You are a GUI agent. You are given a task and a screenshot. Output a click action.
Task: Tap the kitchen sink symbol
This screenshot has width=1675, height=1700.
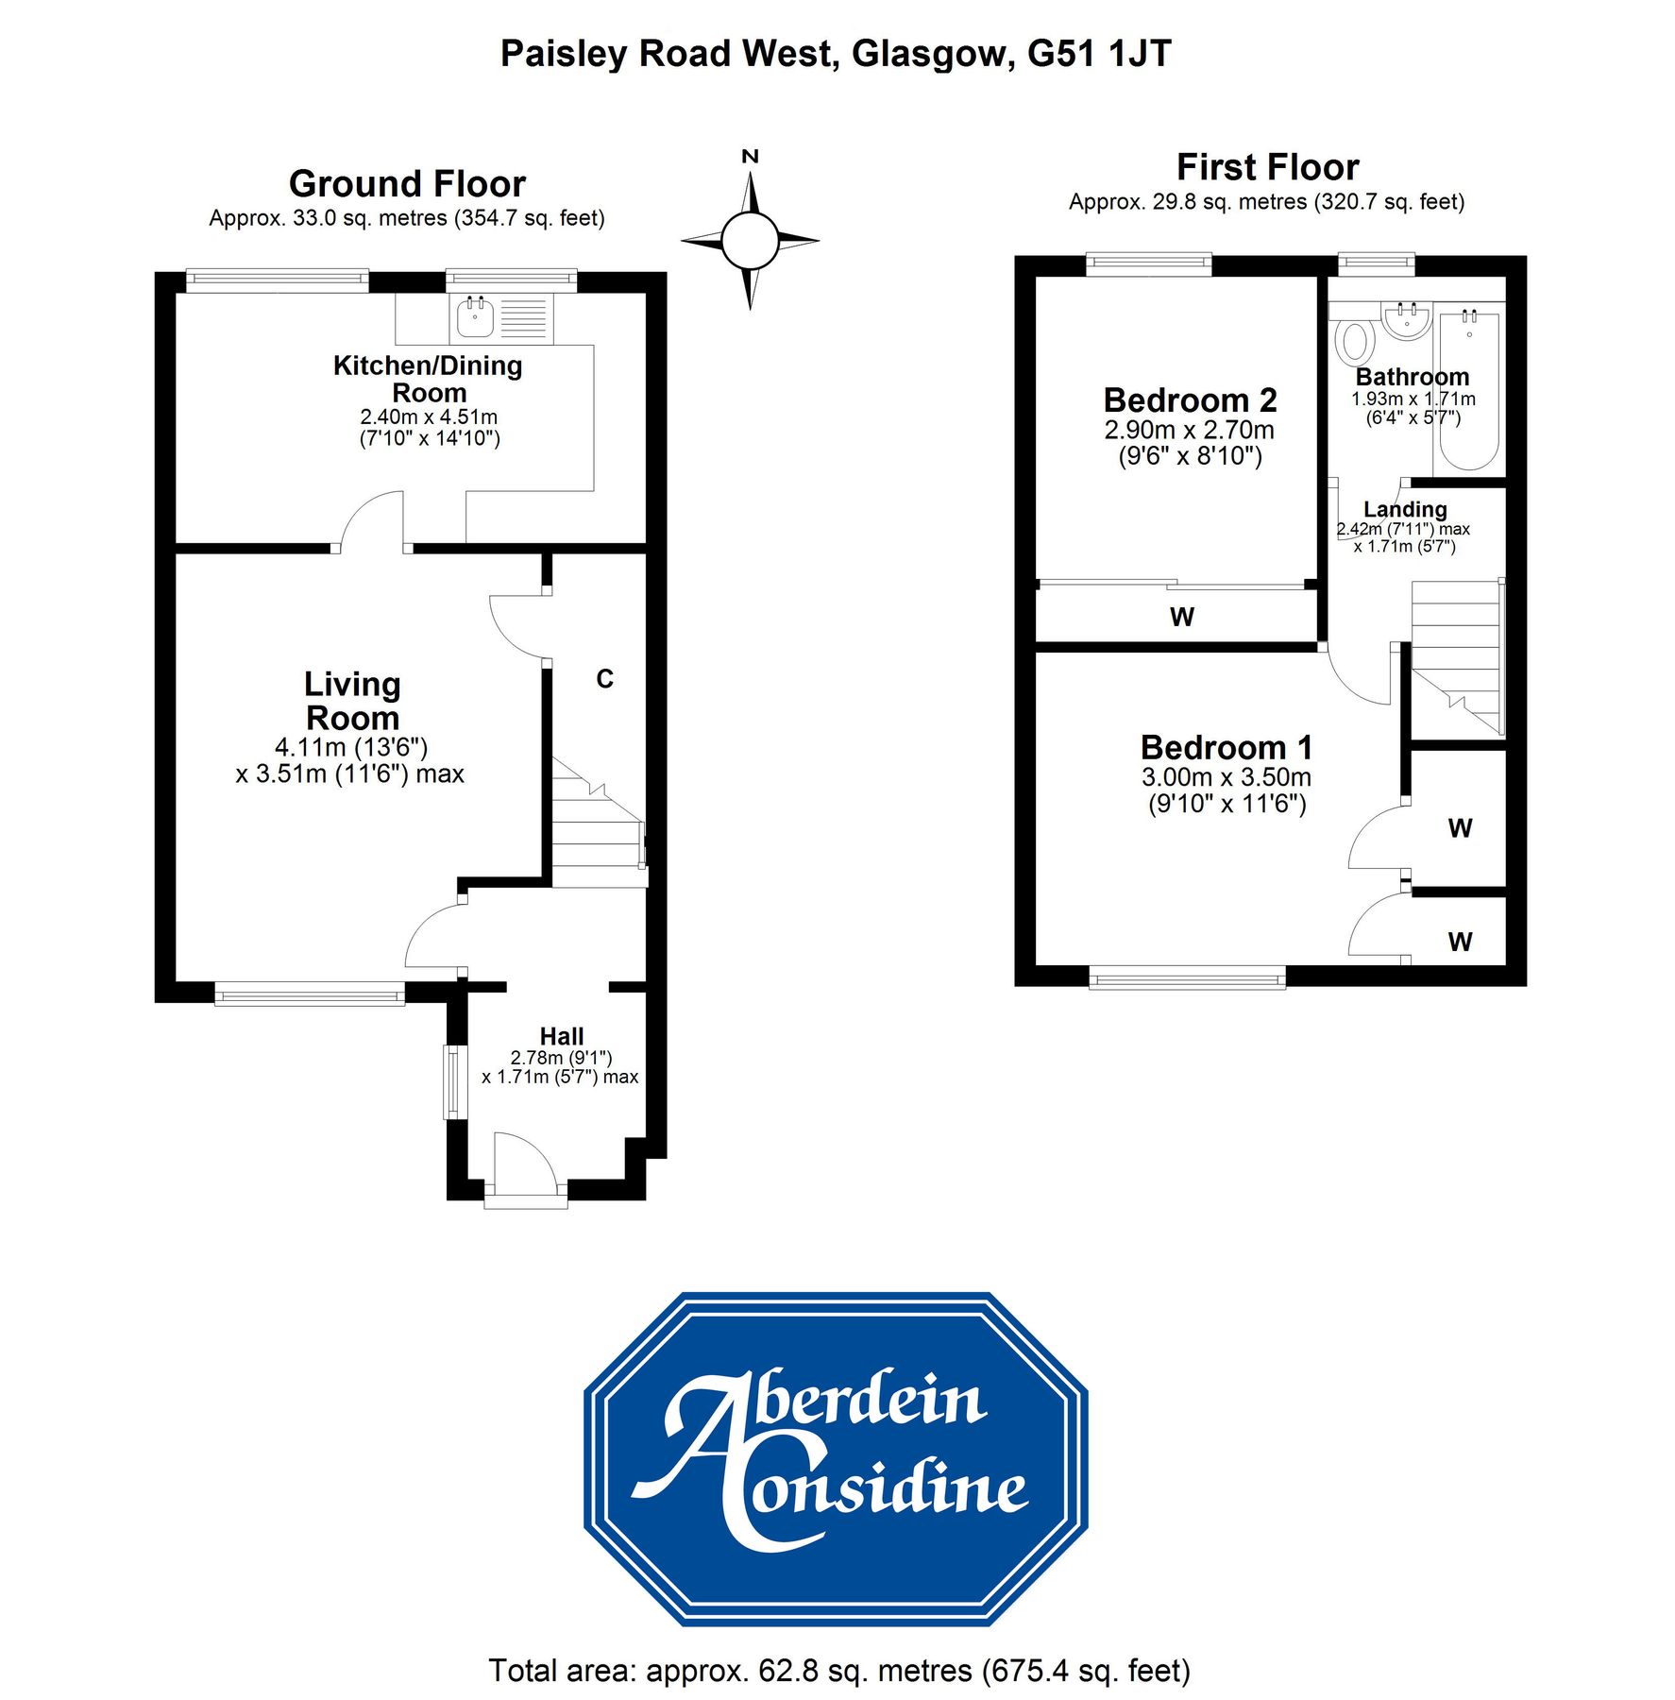click(x=475, y=317)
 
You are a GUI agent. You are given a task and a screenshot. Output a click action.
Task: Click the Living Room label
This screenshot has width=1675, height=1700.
click(x=352, y=701)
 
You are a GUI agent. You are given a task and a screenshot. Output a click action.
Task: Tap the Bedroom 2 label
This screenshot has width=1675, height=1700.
click(x=1190, y=400)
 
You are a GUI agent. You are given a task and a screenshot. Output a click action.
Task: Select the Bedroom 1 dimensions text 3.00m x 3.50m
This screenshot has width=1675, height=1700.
click(x=1226, y=777)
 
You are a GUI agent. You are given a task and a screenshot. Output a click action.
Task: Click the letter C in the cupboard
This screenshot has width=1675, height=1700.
click(x=605, y=678)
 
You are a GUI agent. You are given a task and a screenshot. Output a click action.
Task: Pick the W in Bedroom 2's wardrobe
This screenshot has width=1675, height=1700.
click(x=1181, y=617)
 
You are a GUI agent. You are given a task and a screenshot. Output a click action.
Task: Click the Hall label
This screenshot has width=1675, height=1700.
click(x=562, y=1036)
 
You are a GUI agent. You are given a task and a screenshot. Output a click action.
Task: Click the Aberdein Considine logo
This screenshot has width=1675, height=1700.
click(x=836, y=1459)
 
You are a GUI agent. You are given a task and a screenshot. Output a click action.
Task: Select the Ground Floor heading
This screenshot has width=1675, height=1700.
click(x=407, y=183)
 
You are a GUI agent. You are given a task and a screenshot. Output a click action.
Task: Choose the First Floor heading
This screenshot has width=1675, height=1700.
click(x=1267, y=167)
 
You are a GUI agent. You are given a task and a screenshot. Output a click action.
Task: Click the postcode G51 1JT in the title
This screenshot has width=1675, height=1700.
click(x=1099, y=54)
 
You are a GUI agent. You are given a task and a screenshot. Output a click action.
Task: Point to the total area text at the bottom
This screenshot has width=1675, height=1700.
click(x=838, y=1671)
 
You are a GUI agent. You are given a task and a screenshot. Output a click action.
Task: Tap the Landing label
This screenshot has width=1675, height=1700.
click(x=1405, y=510)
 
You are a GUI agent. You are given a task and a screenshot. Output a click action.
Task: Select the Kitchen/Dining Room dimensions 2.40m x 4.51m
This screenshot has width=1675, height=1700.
click(x=429, y=416)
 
